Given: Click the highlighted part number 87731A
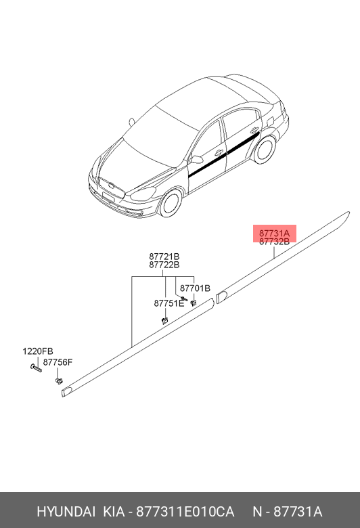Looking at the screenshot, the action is coord(274,233).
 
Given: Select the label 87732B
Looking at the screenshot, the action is coord(274,242).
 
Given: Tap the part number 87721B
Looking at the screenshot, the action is coord(164,257).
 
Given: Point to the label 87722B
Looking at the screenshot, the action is coord(164,265).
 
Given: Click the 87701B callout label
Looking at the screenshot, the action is coord(195,288).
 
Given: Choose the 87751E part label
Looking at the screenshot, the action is coord(169,303).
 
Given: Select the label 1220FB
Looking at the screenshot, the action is coord(38,351).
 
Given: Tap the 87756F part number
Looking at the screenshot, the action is coord(58,362).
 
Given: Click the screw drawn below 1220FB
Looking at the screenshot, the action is coord(36,368).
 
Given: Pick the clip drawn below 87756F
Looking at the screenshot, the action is coord(59,381).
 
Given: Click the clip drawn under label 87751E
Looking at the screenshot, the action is coord(164,320).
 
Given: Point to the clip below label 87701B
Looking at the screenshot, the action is coord(194,303).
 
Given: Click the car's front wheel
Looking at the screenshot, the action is coord(171,202).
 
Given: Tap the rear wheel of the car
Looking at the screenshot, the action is coord(265,149).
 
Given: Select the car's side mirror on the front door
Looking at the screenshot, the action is coord(196,159).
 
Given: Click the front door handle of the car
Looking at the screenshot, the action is coord(219,152).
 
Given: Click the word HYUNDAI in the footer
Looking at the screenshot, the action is coord(66,512).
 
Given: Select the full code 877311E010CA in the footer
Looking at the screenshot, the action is coord(185,512).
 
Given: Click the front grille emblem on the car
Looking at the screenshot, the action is coord(112,185).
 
